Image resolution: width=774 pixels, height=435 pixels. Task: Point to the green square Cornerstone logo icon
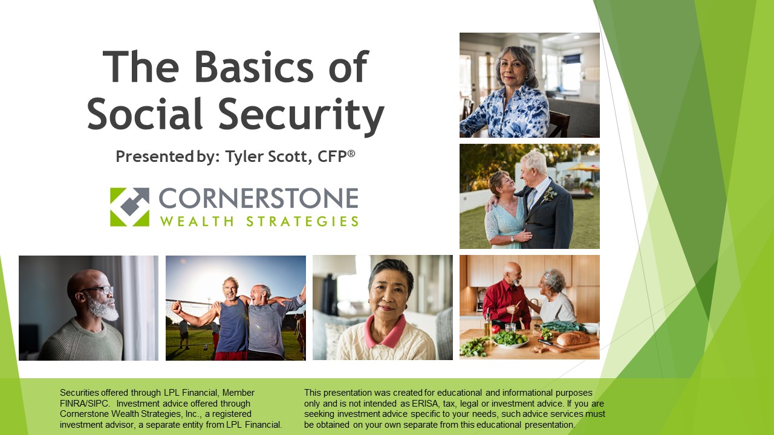click(129, 207)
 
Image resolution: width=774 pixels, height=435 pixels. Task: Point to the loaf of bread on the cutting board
click(572, 338)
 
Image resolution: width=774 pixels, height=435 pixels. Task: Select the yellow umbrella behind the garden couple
click(582, 167)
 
